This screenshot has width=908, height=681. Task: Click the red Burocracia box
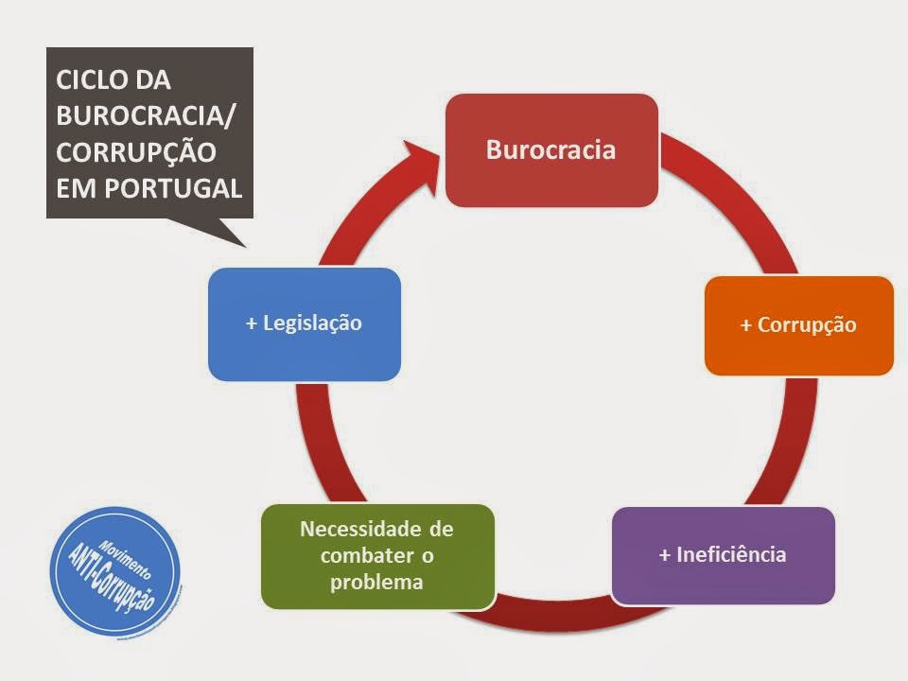pos(551,149)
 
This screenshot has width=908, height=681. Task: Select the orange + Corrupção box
pos(798,324)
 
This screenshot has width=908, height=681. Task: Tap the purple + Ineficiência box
pos(723,555)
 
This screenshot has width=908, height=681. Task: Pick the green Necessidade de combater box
pos(377,555)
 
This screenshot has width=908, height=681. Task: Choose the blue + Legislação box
pos(304,323)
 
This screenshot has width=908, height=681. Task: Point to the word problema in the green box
pos(376,582)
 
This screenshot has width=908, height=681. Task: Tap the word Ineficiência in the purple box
pos(731,555)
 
